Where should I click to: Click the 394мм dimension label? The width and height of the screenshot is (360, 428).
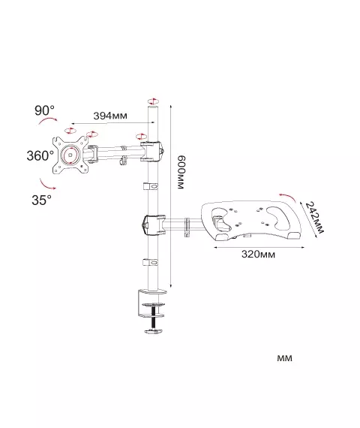click(x=110, y=116)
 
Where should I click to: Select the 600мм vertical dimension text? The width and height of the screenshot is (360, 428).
click(x=181, y=172)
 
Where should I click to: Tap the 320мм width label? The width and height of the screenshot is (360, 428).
click(x=258, y=255)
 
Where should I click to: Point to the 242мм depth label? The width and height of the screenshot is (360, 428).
click(x=314, y=217)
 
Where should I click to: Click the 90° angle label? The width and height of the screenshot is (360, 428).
click(x=44, y=110)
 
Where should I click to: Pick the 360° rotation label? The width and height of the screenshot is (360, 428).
click(x=40, y=155)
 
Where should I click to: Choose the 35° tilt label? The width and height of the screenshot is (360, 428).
click(x=41, y=200)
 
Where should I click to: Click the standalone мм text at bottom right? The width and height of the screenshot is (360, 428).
click(x=284, y=358)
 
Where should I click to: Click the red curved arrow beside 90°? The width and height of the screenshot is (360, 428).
click(x=48, y=120)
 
